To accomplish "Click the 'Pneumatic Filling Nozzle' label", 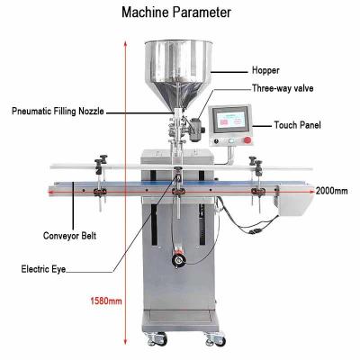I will pos(58,112).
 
